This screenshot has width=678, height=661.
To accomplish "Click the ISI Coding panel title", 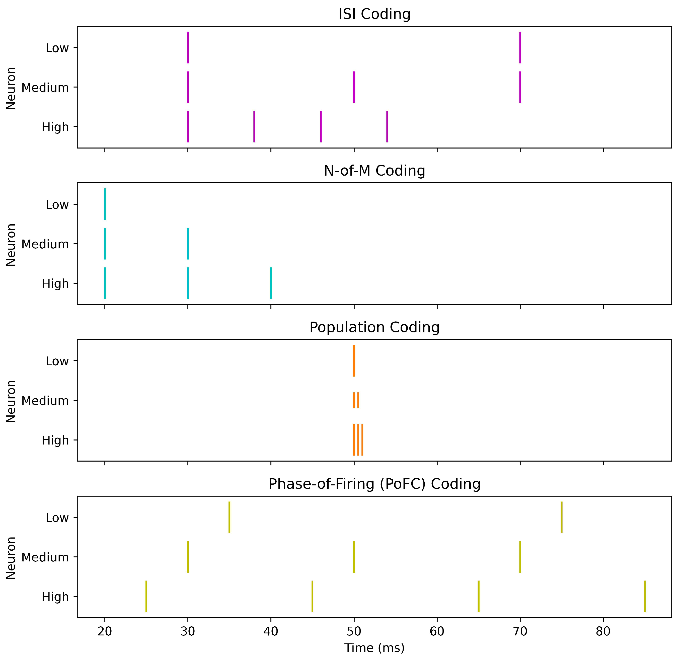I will click(x=374, y=14).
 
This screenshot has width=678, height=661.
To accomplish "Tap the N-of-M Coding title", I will click(x=374, y=171).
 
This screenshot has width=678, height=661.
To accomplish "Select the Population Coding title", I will click(x=374, y=327).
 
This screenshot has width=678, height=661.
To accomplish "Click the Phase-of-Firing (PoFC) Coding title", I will click(x=374, y=484).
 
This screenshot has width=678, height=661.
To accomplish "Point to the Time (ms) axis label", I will click(x=374, y=648).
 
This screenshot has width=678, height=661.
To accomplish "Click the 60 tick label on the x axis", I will click(x=437, y=631).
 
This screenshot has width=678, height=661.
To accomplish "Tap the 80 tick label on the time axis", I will click(x=603, y=631).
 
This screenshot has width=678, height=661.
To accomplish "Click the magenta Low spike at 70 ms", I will click(x=520, y=48).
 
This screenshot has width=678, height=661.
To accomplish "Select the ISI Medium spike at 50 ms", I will click(x=354, y=87).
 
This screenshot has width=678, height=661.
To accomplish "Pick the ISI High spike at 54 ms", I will click(x=387, y=127).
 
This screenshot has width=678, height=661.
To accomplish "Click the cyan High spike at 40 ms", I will click(x=271, y=283).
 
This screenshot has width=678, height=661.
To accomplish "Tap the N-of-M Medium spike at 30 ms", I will click(x=188, y=244).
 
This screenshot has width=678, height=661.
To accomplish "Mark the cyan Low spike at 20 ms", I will click(x=105, y=204).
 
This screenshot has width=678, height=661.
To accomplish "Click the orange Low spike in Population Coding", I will click(x=354, y=361).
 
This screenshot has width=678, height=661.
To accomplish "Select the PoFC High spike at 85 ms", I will click(x=644, y=597).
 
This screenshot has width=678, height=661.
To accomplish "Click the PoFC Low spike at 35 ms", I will click(x=229, y=517).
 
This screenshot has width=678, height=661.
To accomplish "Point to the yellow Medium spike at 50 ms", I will click(x=354, y=557).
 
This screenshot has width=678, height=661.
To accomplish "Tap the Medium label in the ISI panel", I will click(x=45, y=88).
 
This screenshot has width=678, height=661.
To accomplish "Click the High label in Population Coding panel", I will click(x=55, y=440).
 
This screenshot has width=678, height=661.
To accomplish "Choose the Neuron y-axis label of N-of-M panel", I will click(x=11, y=245).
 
